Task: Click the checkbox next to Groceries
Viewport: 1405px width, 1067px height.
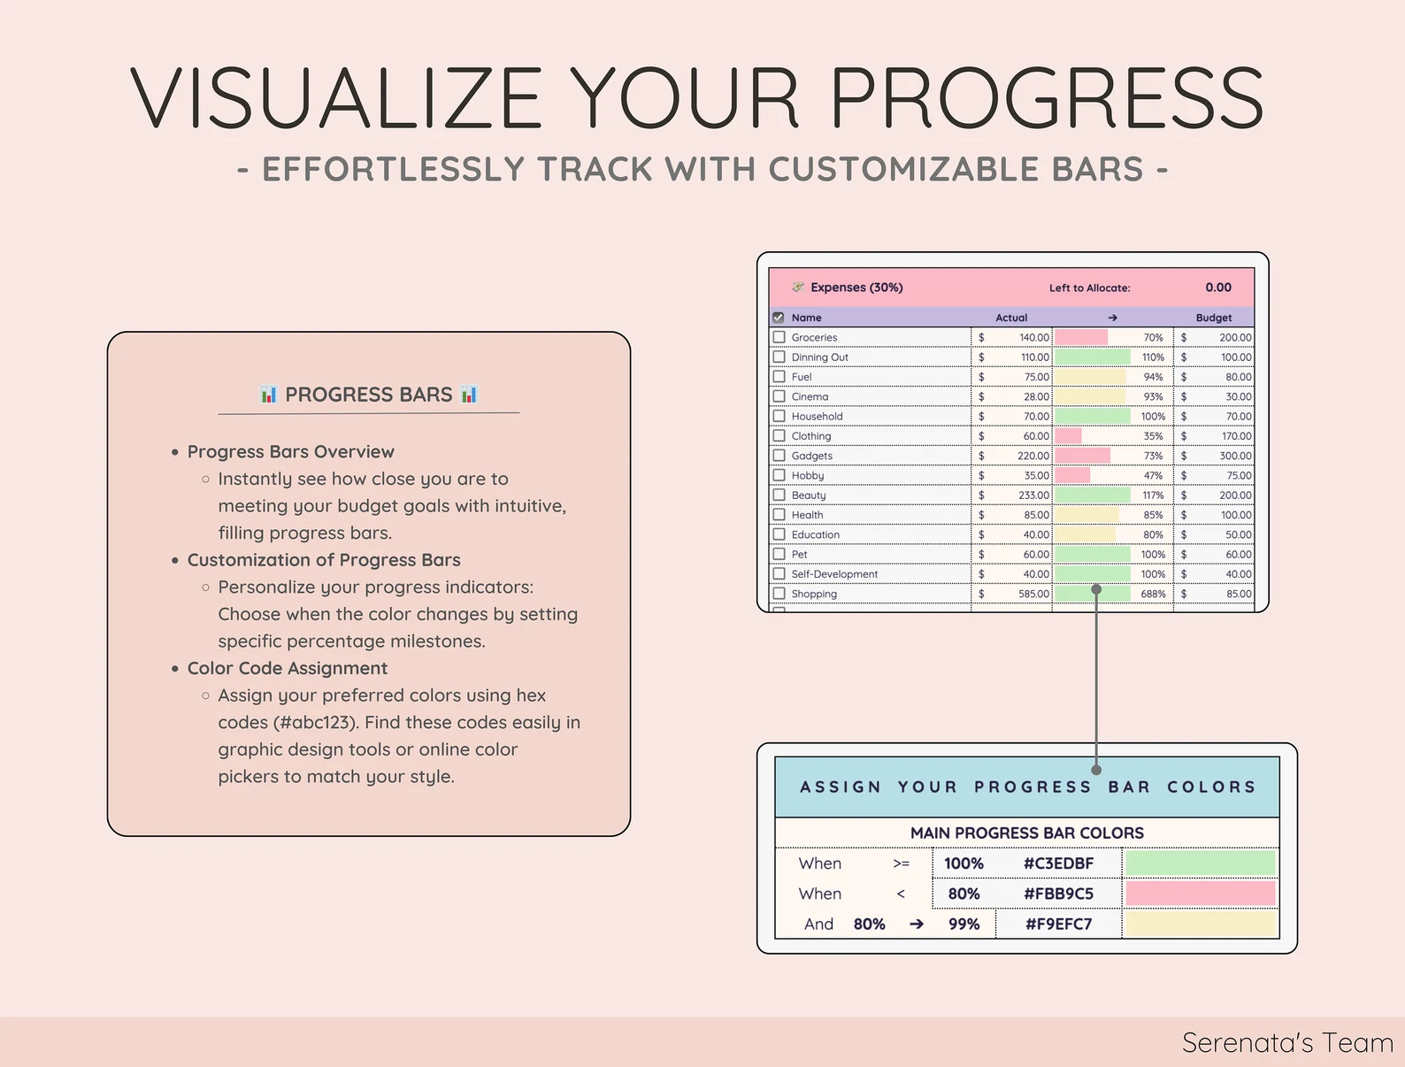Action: pyautogui.click(x=779, y=337)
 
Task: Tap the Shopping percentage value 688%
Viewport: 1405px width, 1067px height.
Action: pyautogui.click(x=1153, y=594)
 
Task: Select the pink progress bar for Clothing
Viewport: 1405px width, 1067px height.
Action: pyautogui.click(x=1068, y=436)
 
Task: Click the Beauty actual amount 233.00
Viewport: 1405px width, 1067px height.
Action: pyautogui.click(x=1033, y=495)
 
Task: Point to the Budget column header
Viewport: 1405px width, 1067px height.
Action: pyautogui.click(x=1213, y=318)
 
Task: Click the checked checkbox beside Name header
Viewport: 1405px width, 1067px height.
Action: pyautogui.click(x=779, y=318)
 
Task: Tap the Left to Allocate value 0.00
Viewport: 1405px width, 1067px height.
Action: pyautogui.click(x=1218, y=288)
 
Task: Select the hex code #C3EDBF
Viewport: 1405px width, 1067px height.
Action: pyautogui.click(x=1058, y=864)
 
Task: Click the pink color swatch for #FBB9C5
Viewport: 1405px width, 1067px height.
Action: pyautogui.click(x=1200, y=894)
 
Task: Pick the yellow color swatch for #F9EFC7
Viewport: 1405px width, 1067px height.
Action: pyautogui.click(x=1200, y=925)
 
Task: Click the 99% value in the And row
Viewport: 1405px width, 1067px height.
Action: pyautogui.click(x=964, y=925)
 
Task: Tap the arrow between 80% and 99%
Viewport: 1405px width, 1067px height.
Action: pyautogui.click(x=917, y=925)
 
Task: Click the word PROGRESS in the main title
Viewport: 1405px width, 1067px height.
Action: pyautogui.click(x=1046, y=97)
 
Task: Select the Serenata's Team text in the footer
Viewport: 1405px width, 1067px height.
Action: pyautogui.click(x=1286, y=1043)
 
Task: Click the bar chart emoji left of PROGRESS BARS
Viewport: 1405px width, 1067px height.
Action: pyautogui.click(x=269, y=395)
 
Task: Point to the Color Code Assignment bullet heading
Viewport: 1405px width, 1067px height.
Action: pyautogui.click(x=288, y=668)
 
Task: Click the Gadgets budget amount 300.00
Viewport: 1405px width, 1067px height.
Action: pyautogui.click(x=1235, y=456)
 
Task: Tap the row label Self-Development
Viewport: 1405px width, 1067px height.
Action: pyautogui.click(x=834, y=574)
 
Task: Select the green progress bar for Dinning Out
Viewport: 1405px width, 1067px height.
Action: pyautogui.click(x=1092, y=357)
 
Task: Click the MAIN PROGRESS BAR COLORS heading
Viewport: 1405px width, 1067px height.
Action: pyautogui.click(x=1026, y=833)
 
